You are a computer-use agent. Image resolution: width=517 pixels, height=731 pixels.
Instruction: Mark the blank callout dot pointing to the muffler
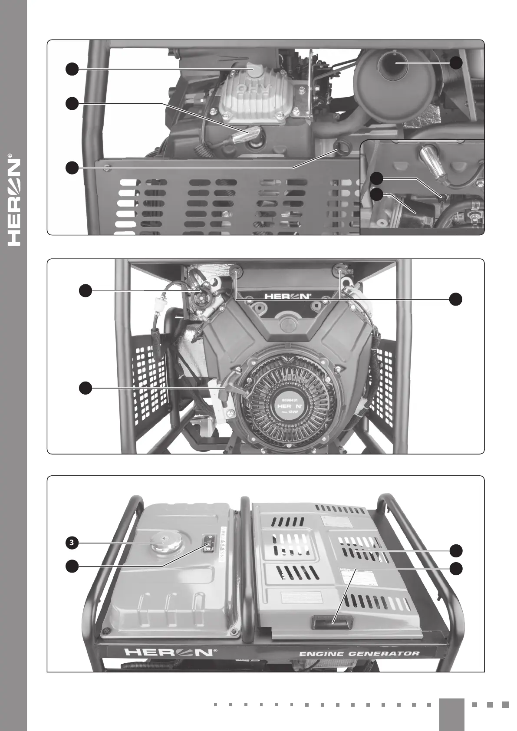[x=456, y=63]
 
